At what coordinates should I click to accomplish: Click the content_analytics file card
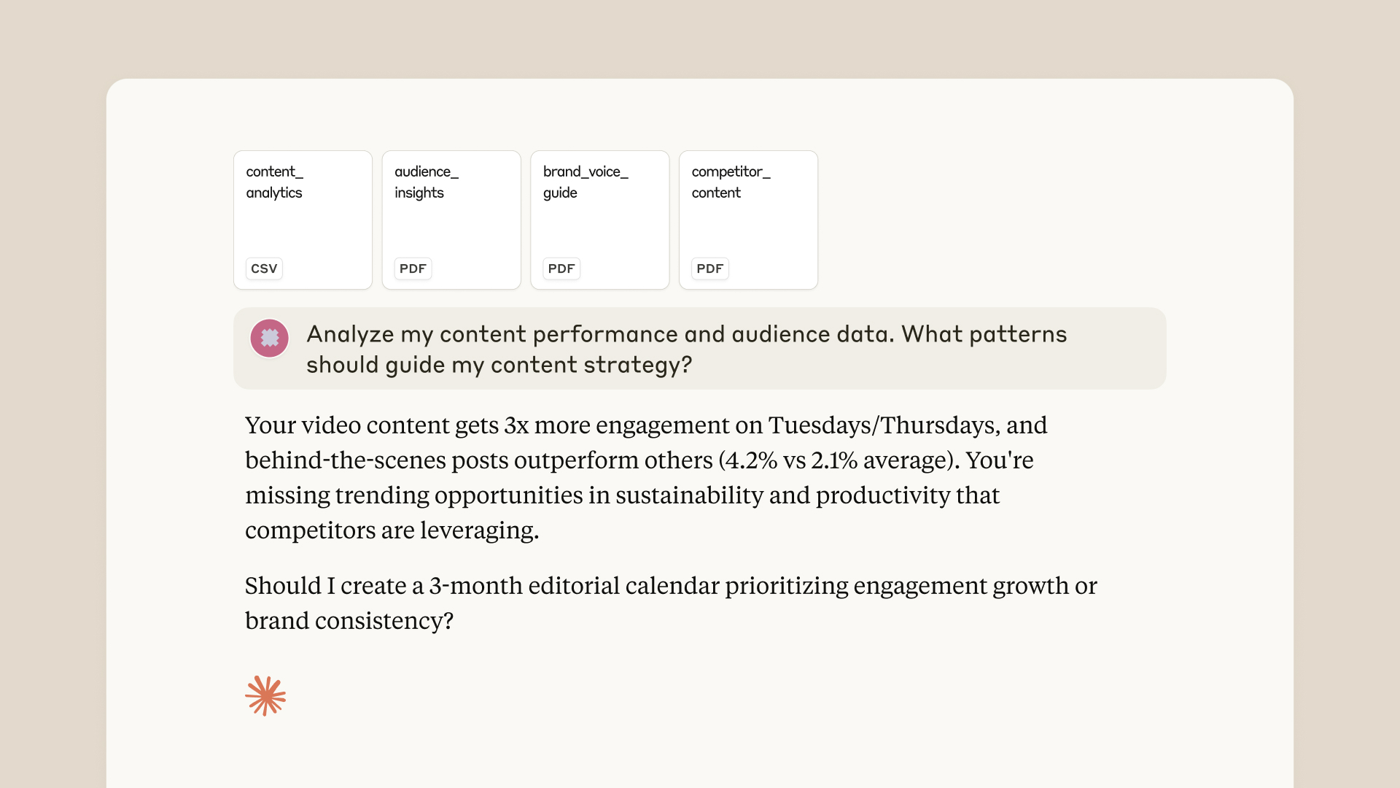tap(303, 220)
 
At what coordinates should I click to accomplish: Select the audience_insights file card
tap(451, 220)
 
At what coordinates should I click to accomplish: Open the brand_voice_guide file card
tap(599, 220)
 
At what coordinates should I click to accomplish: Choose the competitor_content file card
tap(748, 220)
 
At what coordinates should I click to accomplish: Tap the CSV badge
tap(264, 269)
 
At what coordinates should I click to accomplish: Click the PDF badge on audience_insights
tap(413, 269)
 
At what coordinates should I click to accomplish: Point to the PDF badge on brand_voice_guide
tap(561, 269)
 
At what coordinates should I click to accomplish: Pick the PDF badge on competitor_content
tap(710, 269)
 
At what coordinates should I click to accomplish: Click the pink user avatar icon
tap(270, 338)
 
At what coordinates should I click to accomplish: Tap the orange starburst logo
tap(265, 695)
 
